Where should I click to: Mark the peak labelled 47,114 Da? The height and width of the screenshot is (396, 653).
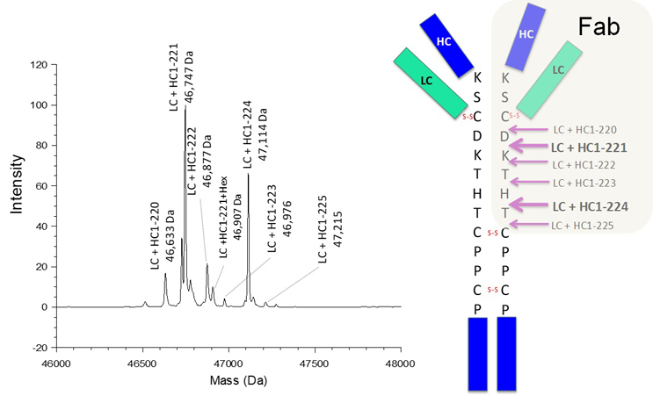pyautogui.click(x=248, y=176)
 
